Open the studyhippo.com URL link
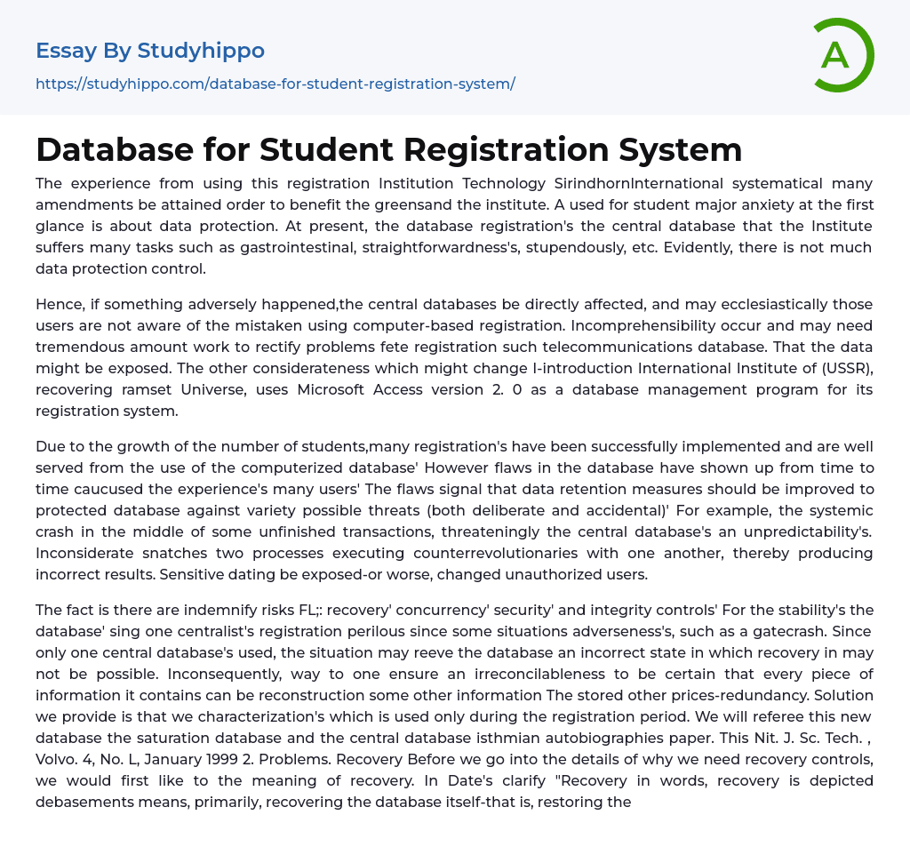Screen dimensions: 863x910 click(275, 84)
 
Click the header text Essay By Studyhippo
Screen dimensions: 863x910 click(150, 51)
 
